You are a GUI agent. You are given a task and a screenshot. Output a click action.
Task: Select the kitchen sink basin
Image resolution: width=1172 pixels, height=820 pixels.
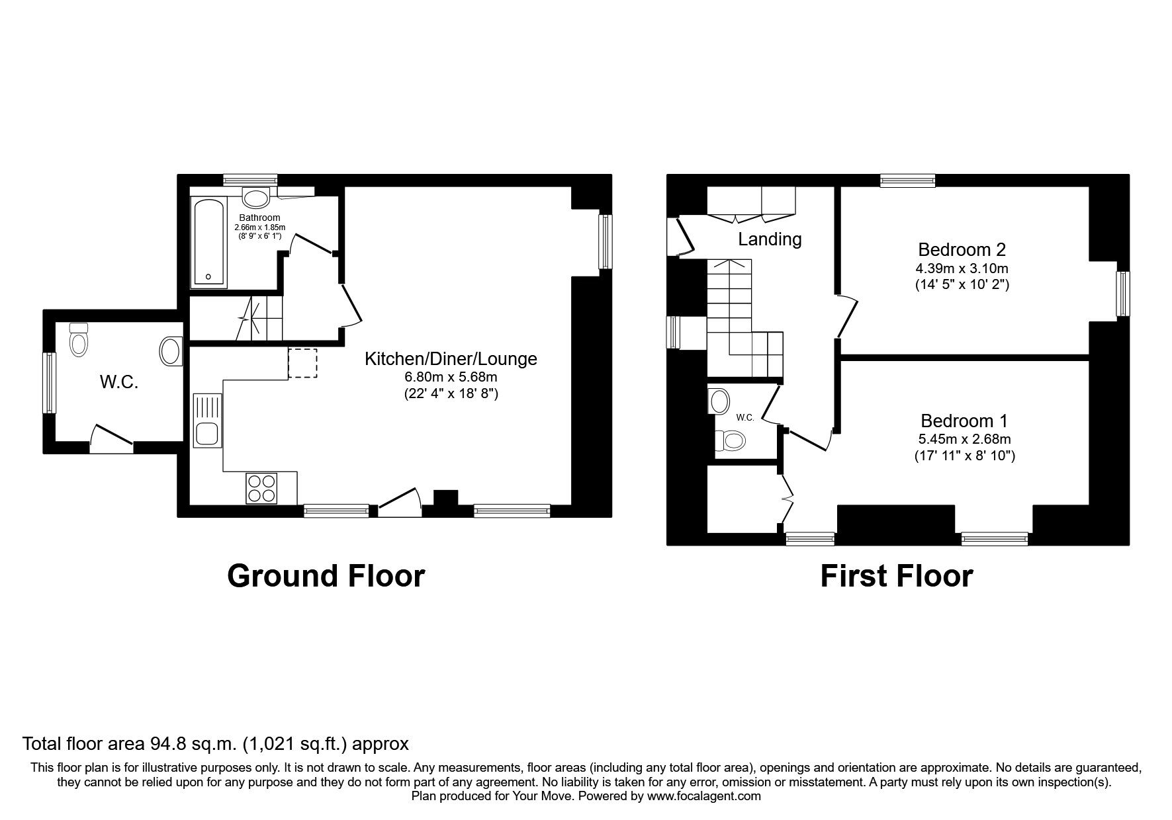pyautogui.click(x=208, y=434)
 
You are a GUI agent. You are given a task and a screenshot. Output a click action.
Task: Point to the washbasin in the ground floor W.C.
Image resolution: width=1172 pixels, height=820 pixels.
pyautogui.click(x=171, y=351)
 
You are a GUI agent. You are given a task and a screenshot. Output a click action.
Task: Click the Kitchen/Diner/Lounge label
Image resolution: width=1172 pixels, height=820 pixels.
pyautogui.click(x=451, y=359)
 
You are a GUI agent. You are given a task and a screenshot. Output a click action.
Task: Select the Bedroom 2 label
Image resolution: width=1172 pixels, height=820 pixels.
pyautogui.click(x=962, y=249)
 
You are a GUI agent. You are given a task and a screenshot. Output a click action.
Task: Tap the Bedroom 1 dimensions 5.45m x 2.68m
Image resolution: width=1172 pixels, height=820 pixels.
pyautogui.click(x=964, y=439)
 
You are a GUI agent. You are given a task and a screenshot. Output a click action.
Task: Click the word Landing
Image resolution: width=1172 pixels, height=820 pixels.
pyautogui.click(x=770, y=239)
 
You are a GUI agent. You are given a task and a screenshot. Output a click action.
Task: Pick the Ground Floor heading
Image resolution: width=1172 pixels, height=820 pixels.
pyautogui.click(x=326, y=576)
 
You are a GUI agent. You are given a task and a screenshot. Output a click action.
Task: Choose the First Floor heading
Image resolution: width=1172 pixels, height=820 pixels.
pyautogui.click(x=896, y=576)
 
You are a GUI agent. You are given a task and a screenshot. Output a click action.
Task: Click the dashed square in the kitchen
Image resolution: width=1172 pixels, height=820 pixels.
pyautogui.click(x=302, y=363)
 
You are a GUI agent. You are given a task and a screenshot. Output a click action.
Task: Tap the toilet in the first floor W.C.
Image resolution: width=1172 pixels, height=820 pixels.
pyautogui.click(x=729, y=439)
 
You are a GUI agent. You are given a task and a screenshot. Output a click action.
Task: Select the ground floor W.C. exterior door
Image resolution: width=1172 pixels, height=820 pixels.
pyautogui.click(x=111, y=437)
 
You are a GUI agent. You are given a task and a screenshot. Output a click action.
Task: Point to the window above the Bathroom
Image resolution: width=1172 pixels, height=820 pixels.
pyautogui.click(x=249, y=180)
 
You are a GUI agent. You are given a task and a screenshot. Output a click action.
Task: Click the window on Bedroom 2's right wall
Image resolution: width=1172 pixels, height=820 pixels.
pyautogui.click(x=1122, y=294)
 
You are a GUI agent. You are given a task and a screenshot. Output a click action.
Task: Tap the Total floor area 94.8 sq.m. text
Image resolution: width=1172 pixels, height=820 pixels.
pyautogui.click(x=216, y=744)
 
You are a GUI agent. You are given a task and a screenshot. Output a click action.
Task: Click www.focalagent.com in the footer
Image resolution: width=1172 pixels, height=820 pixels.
pyautogui.click(x=703, y=796)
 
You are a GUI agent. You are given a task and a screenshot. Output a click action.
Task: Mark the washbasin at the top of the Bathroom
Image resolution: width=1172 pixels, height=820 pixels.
pyautogui.click(x=255, y=197)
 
